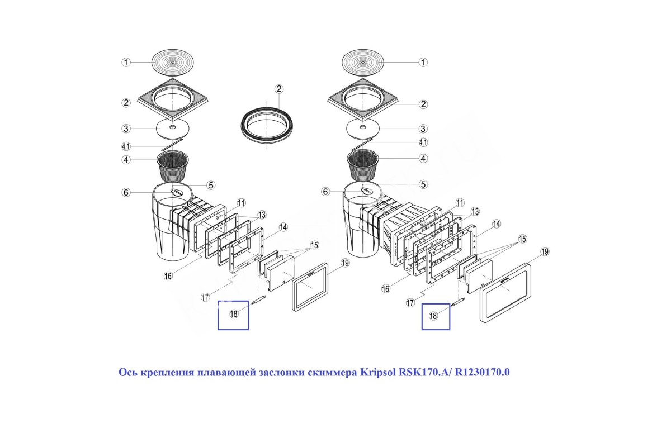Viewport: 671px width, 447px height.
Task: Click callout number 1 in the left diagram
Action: [x=126, y=62]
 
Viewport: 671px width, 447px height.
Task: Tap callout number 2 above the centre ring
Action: [x=279, y=89]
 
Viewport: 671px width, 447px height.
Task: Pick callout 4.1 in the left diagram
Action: [x=126, y=146]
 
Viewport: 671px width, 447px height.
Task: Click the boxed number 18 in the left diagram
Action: [x=233, y=314]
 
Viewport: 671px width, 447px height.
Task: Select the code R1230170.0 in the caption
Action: [x=483, y=372]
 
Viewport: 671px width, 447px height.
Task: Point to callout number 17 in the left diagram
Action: [x=205, y=297]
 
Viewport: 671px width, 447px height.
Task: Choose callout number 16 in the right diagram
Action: [x=386, y=289]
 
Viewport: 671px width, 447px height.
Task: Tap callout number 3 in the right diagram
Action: [x=423, y=129]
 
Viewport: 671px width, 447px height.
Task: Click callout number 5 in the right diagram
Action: [x=423, y=184]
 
